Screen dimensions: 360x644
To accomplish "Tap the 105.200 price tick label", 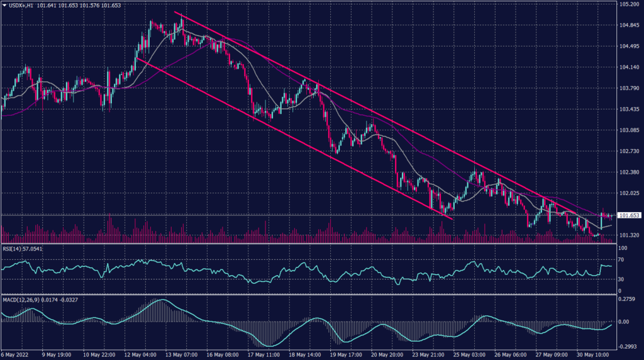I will [x=628, y=5].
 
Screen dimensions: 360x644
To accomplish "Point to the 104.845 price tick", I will [x=628, y=26].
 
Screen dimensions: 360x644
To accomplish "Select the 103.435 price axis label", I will [x=628, y=110].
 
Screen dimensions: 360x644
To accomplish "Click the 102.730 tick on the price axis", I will [x=628, y=151].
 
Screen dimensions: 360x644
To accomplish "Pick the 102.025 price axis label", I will [x=628, y=193].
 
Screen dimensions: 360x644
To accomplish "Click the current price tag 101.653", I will [x=630, y=215].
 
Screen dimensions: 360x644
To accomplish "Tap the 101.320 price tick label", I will [x=628, y=235].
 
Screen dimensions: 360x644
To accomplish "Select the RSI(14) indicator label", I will [x=13, y=249].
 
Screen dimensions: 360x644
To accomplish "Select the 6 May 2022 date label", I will [x=14, y=354].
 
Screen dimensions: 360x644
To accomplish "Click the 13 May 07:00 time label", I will [x=181, y=354].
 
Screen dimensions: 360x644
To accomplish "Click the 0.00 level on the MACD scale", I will [x=625, y=322].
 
